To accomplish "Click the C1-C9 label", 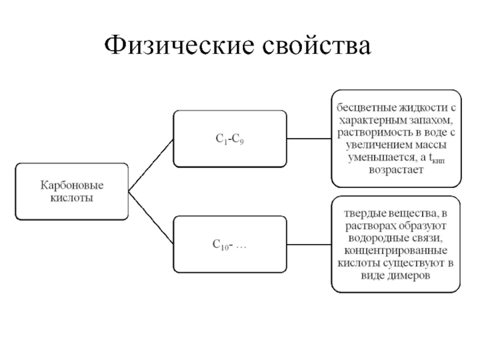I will pos(229,139).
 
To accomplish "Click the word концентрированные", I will pos(397,250).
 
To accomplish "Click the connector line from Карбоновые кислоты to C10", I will pos(151,217).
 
